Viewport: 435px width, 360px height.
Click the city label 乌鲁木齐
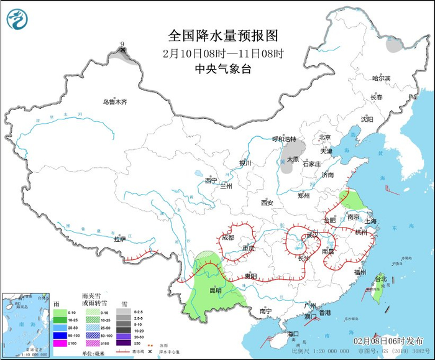[115, 102]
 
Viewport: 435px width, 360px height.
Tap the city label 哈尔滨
[380, 78]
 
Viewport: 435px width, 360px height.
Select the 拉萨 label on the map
[120, 239]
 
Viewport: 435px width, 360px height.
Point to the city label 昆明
[215, 290]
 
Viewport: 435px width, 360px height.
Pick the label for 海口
[293, 334]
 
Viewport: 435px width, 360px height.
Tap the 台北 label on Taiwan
[380, 279]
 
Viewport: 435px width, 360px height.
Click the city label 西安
[267, 203]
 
